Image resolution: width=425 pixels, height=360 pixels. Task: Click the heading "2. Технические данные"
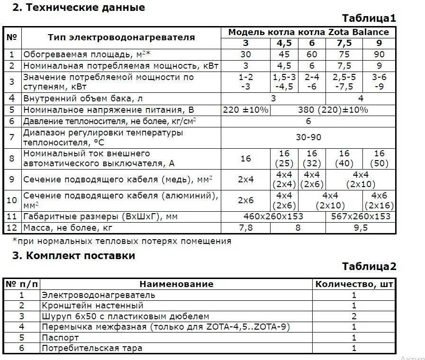coord(79,8)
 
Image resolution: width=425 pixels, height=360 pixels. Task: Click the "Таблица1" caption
coord(369,18)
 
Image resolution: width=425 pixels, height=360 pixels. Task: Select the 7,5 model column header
coord(344,43)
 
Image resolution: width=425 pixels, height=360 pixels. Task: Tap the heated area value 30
coord(245,54)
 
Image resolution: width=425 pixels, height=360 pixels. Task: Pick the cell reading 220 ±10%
coord(245,110)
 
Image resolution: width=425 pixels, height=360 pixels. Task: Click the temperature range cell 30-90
coord(308,137)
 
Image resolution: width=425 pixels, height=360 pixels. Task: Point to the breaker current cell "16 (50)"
coord(379,159)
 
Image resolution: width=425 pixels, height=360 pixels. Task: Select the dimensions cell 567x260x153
coord(361,216)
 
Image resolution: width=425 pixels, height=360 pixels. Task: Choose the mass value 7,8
coord(245,228)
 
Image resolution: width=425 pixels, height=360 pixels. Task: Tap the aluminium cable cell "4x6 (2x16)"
coord(379,200)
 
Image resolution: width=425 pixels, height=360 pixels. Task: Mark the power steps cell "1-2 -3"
coord(245,81)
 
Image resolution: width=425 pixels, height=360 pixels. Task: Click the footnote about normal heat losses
coord(122,241)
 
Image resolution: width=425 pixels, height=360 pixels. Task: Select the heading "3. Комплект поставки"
coord(73,256)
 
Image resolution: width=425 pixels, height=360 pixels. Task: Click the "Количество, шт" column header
coord(354,284)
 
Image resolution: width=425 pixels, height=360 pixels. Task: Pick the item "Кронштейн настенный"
coord(92,306)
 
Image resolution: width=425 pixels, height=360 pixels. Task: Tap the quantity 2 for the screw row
coord(354,316)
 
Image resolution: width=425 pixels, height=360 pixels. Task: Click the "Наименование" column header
coord(176,284)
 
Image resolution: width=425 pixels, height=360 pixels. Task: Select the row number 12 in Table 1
coord(12,228)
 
